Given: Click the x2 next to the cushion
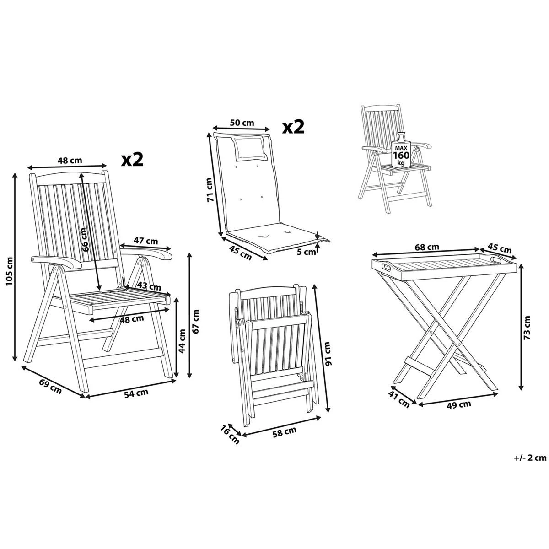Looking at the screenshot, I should click(x=293, y=127).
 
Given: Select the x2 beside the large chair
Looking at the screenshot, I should click(x=132, y=159).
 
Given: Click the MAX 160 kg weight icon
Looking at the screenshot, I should click(x=401, y=151).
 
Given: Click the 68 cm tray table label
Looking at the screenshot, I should click(x=426, y=247).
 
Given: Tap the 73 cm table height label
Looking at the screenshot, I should click(x=527, y=328).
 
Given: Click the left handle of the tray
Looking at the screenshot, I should click(x=384, y=265).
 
